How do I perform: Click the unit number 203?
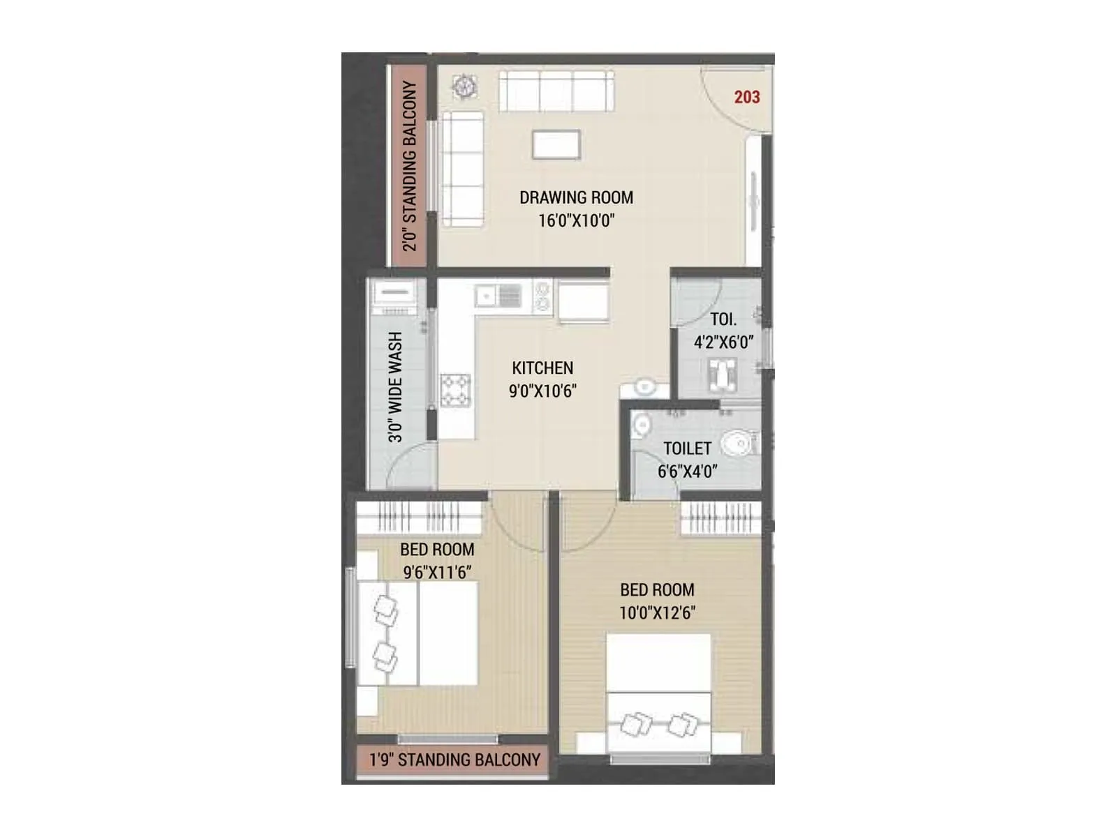pos(746,97)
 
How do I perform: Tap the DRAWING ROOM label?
pos(576,197)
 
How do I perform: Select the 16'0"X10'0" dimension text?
pos(576,220)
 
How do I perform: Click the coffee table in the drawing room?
pos(556,145)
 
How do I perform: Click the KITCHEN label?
pos(542,368)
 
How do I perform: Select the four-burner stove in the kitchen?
pos(455,390)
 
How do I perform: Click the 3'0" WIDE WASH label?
pos(396,387)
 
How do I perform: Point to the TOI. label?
pos(723,319)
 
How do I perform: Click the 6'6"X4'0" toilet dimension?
pos(687,472)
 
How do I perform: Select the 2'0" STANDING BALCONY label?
pos(410,166)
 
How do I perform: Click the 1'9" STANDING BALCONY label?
pos(454,760)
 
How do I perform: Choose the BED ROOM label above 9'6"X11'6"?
pos(437,550)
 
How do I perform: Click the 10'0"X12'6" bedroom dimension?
pos(657,612)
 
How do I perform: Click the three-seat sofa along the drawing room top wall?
pos(556,91)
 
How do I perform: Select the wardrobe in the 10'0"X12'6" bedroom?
pos(720,518)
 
